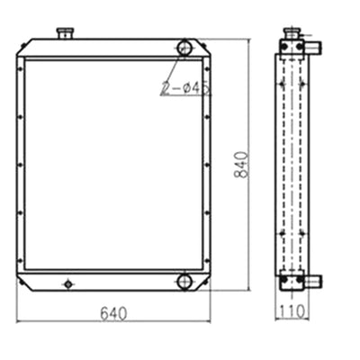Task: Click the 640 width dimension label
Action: pyautogui.click(x=113, y=313)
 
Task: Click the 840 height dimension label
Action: pyautogui.click(x=241, y=165)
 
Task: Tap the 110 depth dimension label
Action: pyautogui.click(x=292, y=311)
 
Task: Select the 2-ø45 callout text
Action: pyautogui.click(x=184, y=88)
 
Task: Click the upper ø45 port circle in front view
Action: pyautogui.click(x=184, y=47)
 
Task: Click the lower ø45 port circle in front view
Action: pyautogui.click(x=184, y=282)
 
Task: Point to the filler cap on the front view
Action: pyautogui.click(x=65, y=32)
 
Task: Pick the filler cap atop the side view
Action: pyautogui.click(x=292, y=33)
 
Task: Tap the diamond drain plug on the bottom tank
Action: pyautogui.click(x=68, y=283)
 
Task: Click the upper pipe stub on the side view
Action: pyautogui.click(x=314, y=48)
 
